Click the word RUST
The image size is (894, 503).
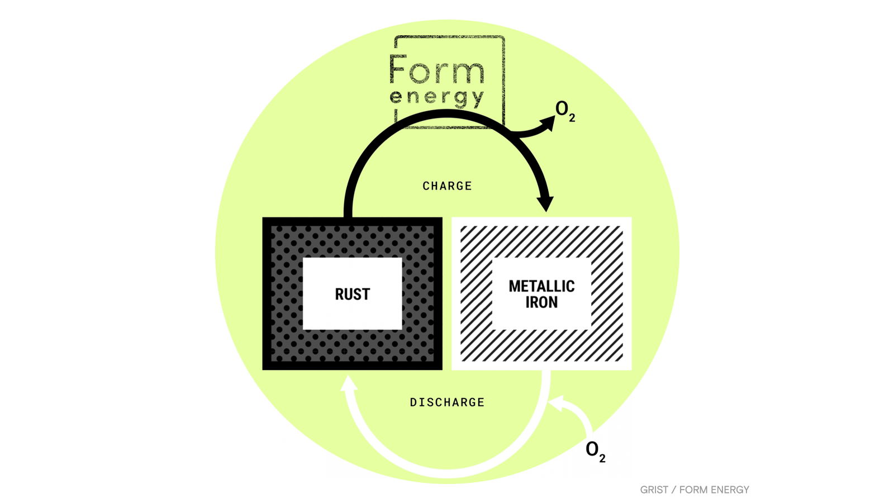[x=352, y=294]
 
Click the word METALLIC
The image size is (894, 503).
[x=541, y=286]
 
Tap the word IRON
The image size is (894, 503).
[x=541, y=302]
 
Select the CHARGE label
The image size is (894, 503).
[x=447, y=186]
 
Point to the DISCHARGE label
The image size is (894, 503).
[x=447, y=402]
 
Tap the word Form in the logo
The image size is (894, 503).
[x=436, y=70]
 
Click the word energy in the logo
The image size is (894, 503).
[x=436, y=97]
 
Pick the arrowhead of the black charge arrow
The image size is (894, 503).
[x=545, y=203]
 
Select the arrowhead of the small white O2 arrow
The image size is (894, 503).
[x=557, y=402]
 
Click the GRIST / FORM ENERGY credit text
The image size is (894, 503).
[x=695, y=490]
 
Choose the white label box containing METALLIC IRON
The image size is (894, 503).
[x=541, y=268]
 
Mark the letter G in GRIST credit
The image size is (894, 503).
[x=644, y=490]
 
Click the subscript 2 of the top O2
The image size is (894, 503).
[x=572, y=118]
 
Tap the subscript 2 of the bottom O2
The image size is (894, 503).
[x=602, y=459]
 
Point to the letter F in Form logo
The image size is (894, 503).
[x=397, y=69]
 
